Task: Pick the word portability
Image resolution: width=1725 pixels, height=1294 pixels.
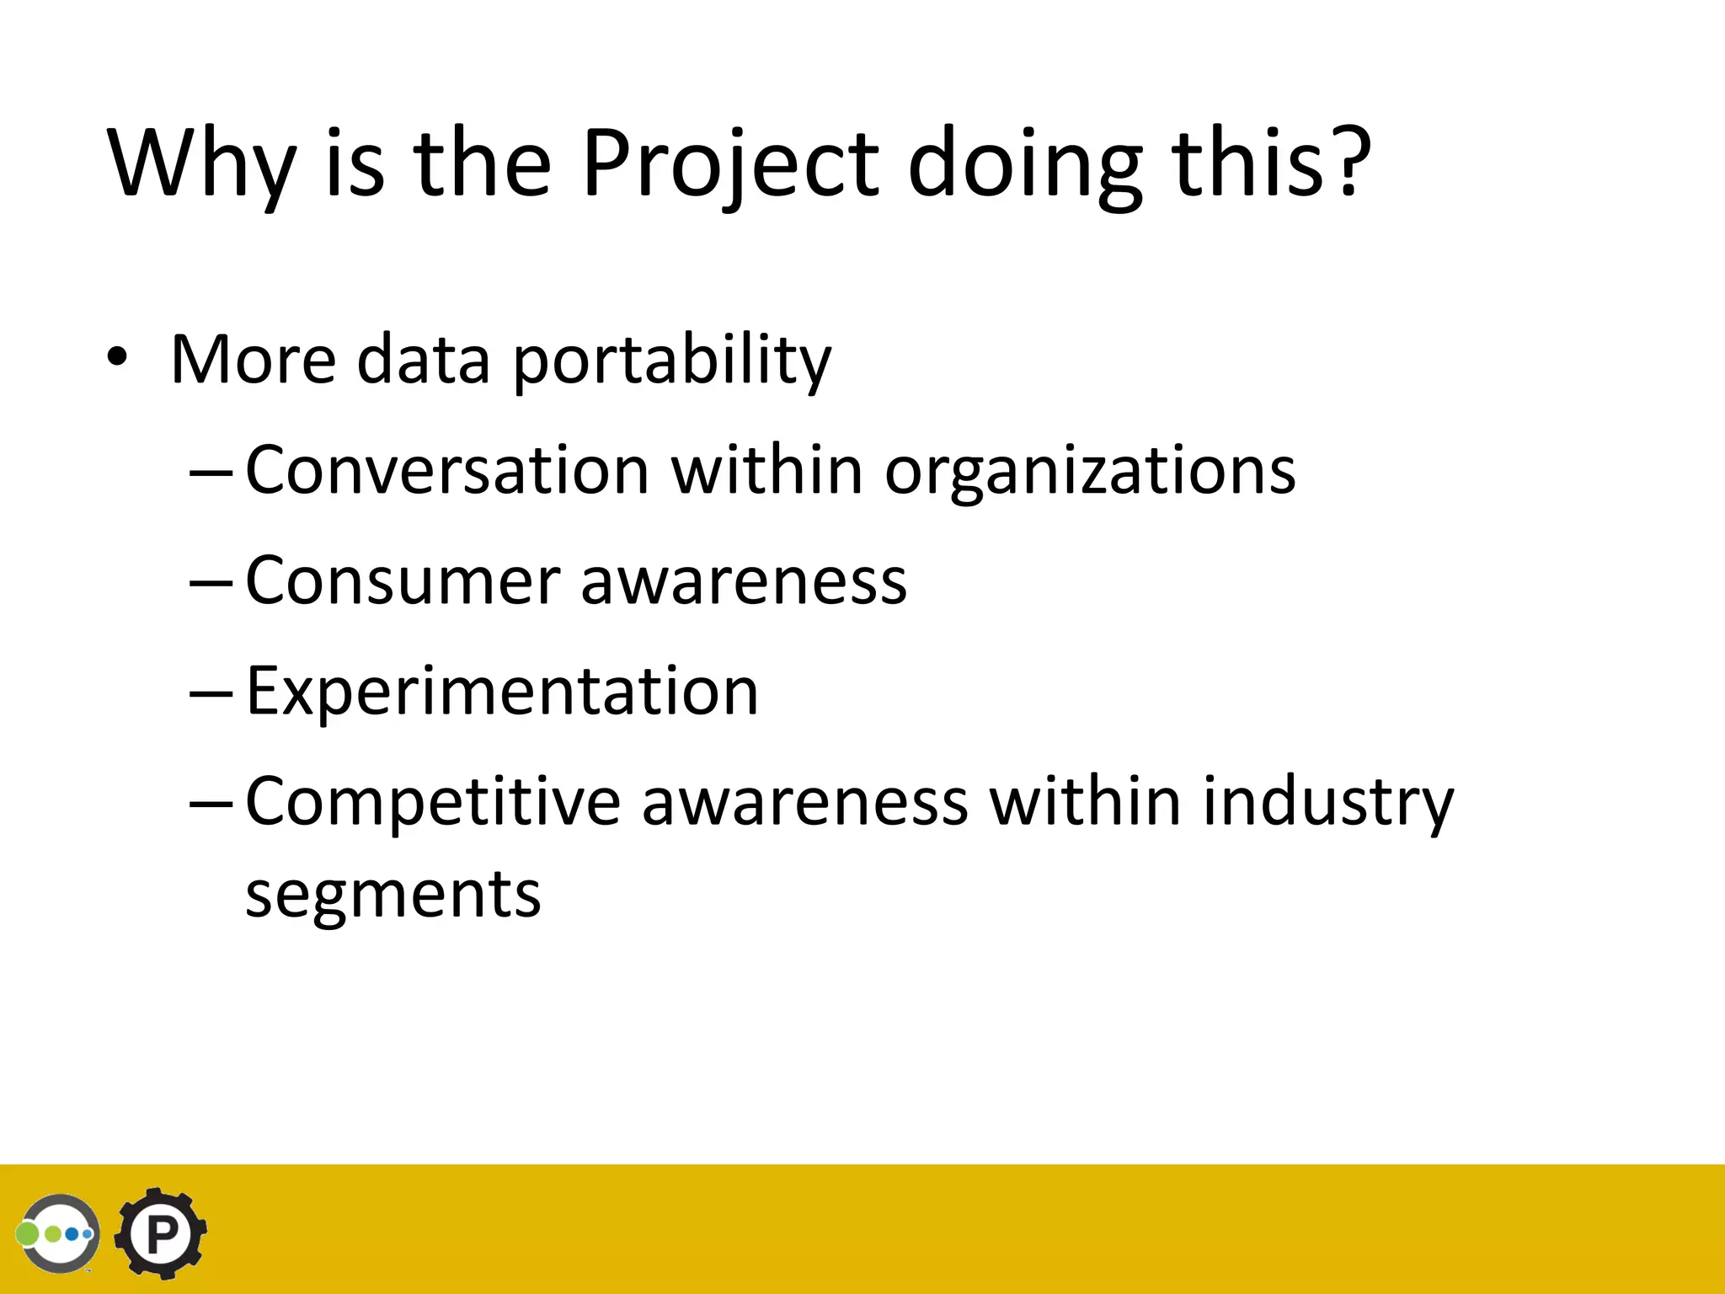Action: pos(671,361)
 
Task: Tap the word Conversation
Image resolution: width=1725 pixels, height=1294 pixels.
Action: pos(447,469)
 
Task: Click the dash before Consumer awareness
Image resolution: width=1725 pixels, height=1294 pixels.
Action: pos(211,581)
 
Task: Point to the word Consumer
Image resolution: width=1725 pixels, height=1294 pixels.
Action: pos(403,580)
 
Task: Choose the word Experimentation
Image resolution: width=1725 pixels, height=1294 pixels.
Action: pos(502,691)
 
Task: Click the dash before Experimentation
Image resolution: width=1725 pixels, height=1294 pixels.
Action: pos(211,692)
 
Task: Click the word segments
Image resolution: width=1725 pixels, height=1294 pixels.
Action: pos(393,895)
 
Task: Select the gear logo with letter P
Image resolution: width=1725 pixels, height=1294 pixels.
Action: pos(161,1233)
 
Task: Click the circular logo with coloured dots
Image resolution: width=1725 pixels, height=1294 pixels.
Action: pos(59,1233)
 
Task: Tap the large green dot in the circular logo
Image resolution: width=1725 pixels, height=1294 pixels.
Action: pos(29,1234)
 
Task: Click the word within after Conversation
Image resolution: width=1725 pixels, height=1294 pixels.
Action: pos(766,469)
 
